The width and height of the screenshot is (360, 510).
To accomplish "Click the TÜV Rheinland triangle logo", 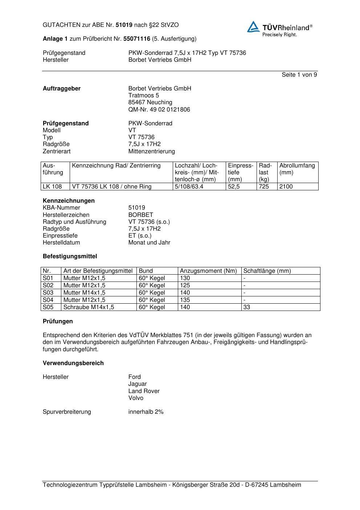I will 253,27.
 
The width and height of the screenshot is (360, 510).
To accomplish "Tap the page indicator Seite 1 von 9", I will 299,75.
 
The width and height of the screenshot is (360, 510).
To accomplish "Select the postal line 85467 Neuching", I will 150,102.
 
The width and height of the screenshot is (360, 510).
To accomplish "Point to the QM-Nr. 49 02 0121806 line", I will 159,110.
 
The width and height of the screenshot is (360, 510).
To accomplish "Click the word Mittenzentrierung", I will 151,151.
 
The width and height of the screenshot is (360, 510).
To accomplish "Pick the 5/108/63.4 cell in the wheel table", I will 189,187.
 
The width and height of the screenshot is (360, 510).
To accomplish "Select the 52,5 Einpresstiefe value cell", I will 234,187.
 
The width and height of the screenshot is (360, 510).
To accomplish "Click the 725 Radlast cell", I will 264,187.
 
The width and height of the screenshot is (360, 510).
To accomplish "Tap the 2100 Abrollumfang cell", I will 286,187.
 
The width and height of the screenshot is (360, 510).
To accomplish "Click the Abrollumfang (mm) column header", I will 297,169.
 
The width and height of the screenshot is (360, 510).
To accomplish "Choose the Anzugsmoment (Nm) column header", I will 208,271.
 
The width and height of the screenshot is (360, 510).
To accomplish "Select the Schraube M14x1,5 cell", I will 89,307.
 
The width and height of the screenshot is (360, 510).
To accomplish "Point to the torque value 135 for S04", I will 185,300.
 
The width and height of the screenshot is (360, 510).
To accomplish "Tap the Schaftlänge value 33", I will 247,307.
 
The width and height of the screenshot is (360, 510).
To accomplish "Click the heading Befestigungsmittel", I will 70,256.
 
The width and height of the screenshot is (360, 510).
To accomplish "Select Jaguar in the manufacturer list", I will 138,384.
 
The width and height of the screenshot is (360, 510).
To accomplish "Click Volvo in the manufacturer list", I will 136,398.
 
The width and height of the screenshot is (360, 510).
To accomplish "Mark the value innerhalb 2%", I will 146,412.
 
